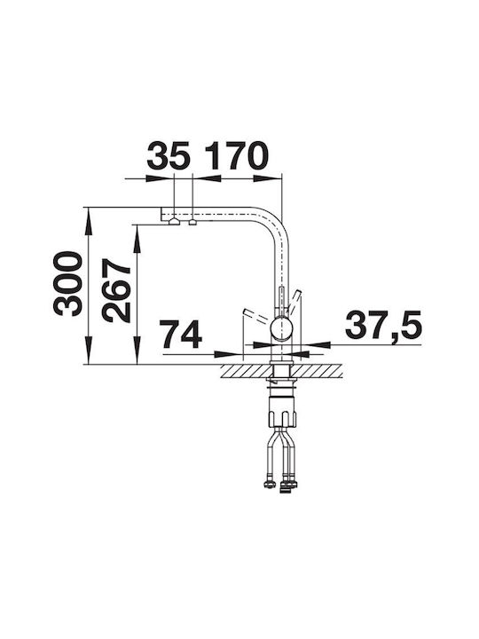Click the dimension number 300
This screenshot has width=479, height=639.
click(x=67, y=284)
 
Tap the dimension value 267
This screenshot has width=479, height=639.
click(x=116, y=290)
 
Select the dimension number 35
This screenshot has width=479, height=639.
click(x=169, y=155)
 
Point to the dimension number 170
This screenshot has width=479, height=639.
click(x=236, y=155)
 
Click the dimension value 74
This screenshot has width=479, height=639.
click(x=181, y=335)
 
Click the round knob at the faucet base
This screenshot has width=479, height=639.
click(x=282, y=329)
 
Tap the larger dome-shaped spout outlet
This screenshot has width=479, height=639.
click(x=174, y=221)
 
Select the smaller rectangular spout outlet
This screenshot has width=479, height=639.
click(x=192, y=222)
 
